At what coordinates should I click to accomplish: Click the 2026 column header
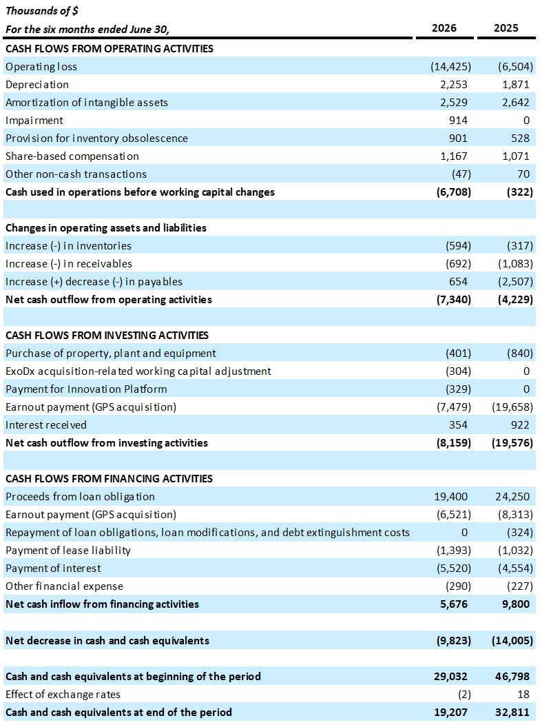point(444,28)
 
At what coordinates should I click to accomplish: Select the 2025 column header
point(506,28)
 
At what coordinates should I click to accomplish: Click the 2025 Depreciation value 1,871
point(515,85)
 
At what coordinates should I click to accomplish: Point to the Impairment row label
point(34,121)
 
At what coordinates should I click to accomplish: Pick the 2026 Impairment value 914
point(458,121)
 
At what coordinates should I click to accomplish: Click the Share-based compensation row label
point(72,156)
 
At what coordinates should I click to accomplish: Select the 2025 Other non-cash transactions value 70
point(523,174)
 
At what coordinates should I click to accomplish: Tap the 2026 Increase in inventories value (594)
point(458,246)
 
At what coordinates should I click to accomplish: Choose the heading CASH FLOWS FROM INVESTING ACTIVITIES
point(107,335)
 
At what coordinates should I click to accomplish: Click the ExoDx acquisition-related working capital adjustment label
point(138,371)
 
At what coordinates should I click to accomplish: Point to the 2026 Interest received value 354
point(458,425)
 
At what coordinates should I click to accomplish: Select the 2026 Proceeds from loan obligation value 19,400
point(450,497)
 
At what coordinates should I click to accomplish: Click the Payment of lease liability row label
point(68,551)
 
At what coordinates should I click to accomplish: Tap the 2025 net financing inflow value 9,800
point(515,604)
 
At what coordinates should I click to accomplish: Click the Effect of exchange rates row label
point(63,695)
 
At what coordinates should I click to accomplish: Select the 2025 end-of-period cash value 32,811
point(512,713)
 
